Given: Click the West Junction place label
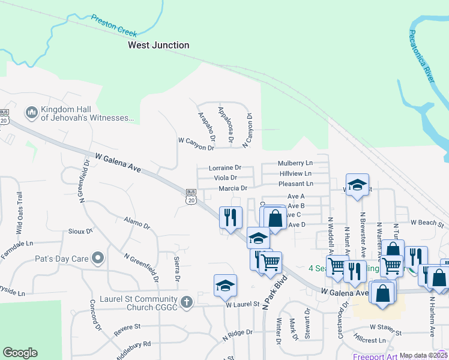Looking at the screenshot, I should click(158, 45).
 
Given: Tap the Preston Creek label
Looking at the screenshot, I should click(114, 25).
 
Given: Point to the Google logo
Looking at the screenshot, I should click(20, 353).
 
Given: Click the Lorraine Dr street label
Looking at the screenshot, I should click(224, 168).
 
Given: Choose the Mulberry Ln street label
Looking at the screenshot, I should click(295, 163).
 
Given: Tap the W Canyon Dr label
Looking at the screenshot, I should click(196, 143).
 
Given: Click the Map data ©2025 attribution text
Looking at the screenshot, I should click(423, 355).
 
